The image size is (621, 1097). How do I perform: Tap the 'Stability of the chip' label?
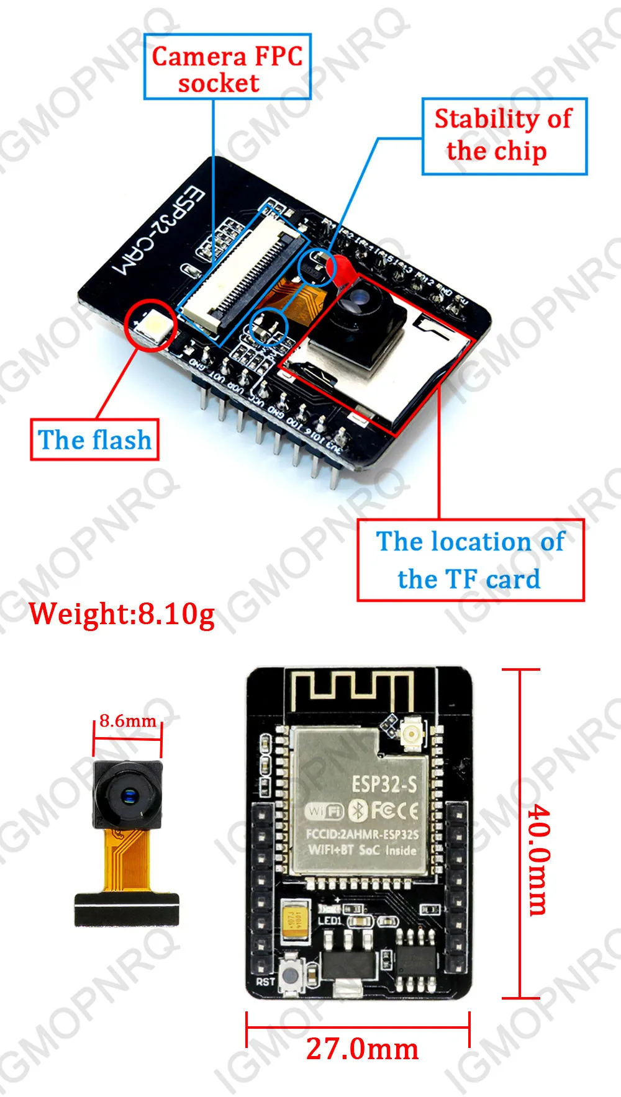[x=504, y=135]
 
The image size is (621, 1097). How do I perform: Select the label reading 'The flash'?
[x=95, y=440]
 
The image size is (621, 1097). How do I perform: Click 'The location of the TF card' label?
[x=471, y=560]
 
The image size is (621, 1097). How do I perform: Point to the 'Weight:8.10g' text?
[x=122, y=614]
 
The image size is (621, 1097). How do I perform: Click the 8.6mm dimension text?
[x=127, y=720]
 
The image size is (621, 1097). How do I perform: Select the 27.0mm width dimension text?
[x=362, y=1050]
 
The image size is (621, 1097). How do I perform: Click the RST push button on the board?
[x=291, y=975]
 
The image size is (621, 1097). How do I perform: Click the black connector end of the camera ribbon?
[x=127, y=910]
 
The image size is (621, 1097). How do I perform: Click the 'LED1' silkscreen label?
[x=330, y=920]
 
